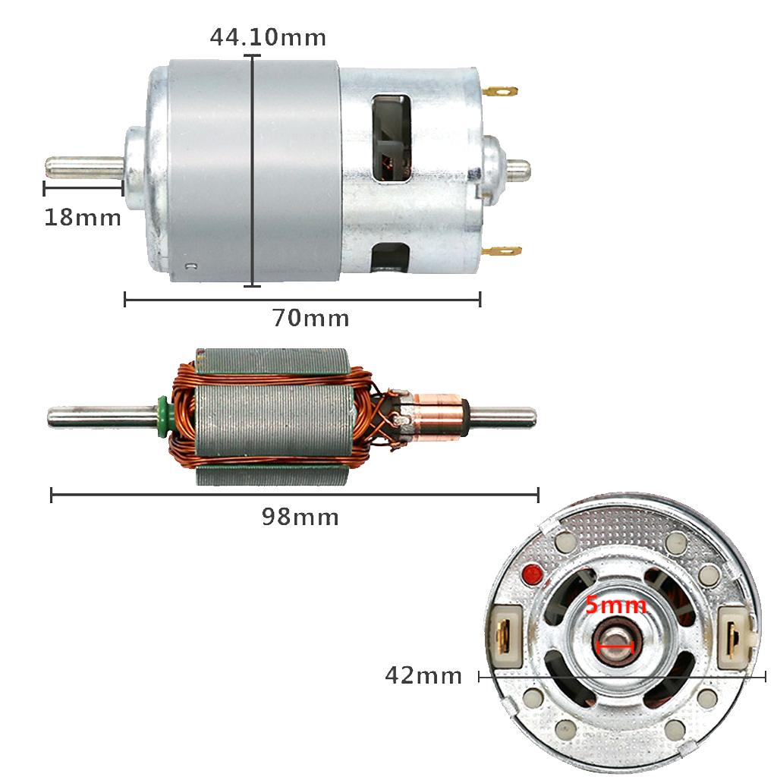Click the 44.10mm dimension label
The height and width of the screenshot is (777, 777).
click(268, 38)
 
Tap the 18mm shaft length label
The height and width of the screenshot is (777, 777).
click(83, 218)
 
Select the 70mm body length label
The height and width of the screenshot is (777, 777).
click(311, 318)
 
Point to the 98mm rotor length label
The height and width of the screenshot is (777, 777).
click(300, 517)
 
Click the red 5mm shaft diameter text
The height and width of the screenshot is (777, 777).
click(616, 606)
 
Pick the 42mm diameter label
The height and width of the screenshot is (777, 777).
click(423, 675)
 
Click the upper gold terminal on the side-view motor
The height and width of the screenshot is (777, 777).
click(500, 92)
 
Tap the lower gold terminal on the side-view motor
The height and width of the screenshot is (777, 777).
click(502, 251)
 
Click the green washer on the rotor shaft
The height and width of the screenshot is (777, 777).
click(162, 417)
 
